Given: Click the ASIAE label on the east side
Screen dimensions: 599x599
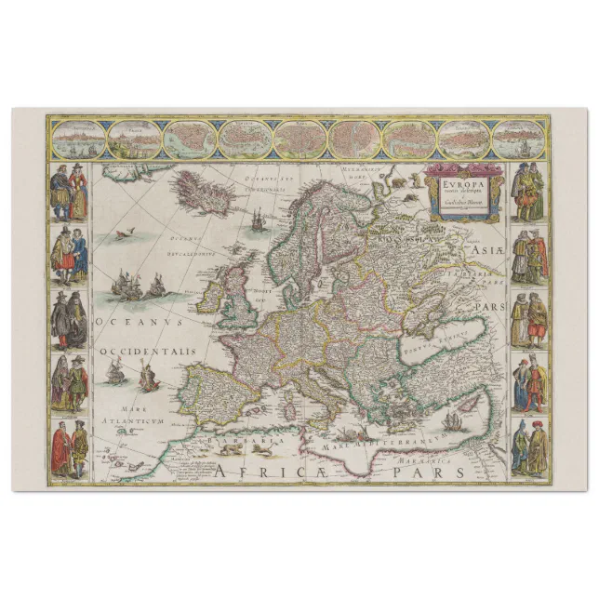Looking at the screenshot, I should pyautogui.click(x=483, y=249).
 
